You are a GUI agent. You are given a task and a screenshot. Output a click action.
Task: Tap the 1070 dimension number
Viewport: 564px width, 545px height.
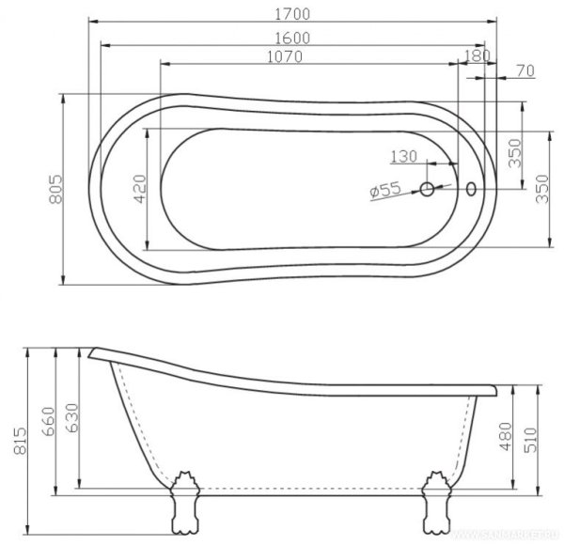[x=284, y=57]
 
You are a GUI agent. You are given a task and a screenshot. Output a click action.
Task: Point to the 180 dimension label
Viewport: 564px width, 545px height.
[x=478, y=56]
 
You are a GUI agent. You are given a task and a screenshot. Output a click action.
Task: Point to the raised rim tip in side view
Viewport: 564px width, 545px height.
[x=95, y=354]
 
